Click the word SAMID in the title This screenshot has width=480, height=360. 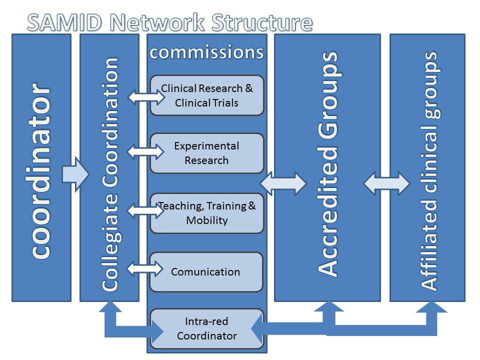click(64, 22)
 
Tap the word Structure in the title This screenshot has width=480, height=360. click(262, 22)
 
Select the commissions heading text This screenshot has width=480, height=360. click(206, 52)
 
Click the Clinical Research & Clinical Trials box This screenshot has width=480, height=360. click(207, 95)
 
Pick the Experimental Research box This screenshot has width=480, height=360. click(207, 153)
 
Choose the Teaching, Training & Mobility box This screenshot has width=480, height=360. click(207, 213)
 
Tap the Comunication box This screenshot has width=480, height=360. click(206, 272)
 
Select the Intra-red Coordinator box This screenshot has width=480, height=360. click(207, 328)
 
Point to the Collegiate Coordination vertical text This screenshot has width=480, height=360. click(110, 174)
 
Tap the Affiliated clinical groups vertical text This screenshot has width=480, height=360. click(430, 171)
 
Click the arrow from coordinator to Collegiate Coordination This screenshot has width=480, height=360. click(75, 174)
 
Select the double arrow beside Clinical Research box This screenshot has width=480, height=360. click(146, 97)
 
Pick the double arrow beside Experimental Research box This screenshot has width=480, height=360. click(145, 151)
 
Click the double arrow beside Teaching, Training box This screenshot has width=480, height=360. click(145, 210)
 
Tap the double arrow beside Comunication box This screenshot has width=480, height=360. click(145, 268)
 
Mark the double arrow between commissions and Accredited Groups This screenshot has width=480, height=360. click(283, 183)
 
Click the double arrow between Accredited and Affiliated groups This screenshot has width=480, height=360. click(386, 183)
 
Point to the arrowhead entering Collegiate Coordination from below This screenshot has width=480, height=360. click(110, 306)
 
